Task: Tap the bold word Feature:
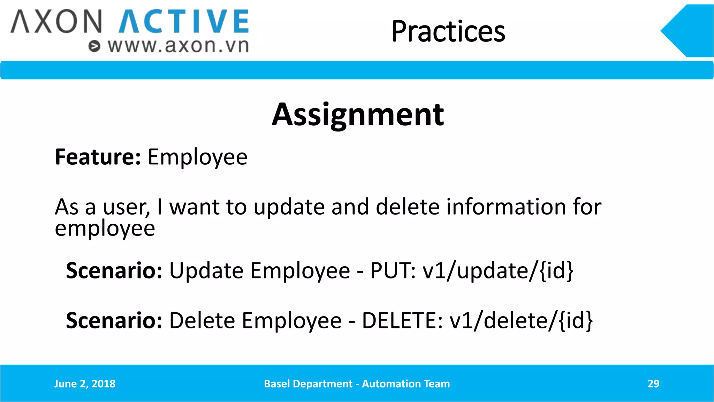(x=98, y=157)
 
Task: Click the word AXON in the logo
(x=56, y=21)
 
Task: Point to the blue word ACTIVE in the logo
(x=184, y=21)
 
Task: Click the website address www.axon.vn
(x=178, y=46)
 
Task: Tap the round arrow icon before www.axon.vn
(x=94, y=46)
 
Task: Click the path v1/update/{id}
(x=498, y=271)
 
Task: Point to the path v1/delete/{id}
(x=521, y=321)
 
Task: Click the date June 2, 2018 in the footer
(x=85, y=384)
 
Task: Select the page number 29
(x=653, y=384)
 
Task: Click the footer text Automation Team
(x=406, y=384)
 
